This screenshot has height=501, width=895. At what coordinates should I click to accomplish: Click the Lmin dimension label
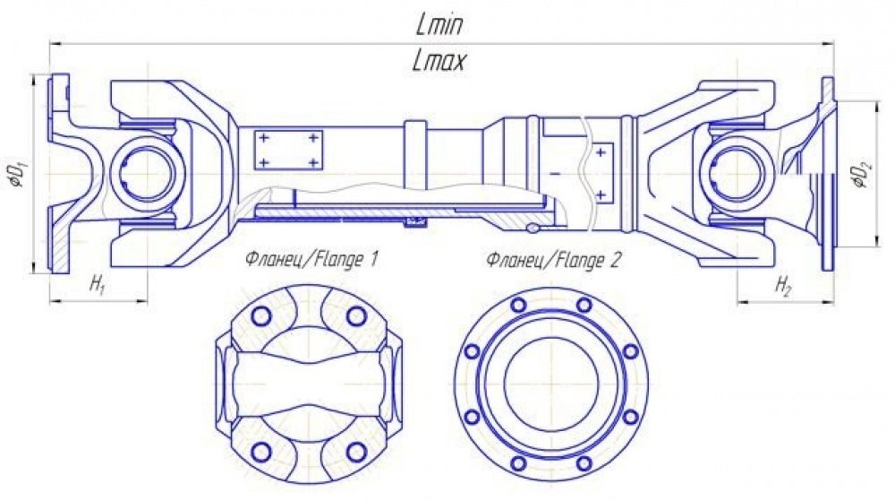point(439,25)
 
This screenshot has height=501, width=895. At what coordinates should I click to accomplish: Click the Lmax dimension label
point(439,61)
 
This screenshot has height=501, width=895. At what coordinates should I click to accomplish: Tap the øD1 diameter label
point(16,173)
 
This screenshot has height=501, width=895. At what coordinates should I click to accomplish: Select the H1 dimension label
point(98,284)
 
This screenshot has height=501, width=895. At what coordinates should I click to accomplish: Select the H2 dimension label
point(783,285)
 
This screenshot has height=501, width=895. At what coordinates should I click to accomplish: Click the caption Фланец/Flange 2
point(552,260)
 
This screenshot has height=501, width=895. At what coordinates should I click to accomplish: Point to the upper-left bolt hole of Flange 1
point(262,315)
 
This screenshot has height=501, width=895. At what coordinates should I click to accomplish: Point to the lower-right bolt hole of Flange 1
point(356,452)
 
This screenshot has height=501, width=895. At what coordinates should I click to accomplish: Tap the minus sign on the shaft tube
point(555,172)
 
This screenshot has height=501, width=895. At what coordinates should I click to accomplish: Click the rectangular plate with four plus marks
point(288,151)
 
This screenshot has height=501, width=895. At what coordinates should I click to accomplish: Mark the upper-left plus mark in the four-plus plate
point(264,138)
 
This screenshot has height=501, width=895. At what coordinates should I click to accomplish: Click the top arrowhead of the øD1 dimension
point(33,81)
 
